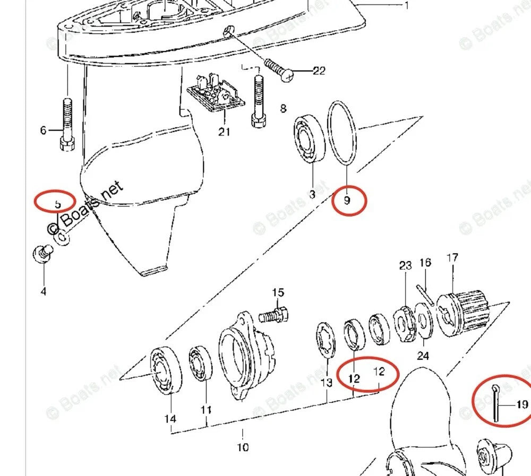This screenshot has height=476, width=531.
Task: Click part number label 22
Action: point(319,71)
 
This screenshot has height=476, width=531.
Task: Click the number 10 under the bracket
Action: point(242,447)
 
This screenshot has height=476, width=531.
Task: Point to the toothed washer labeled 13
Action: point(325,340)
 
